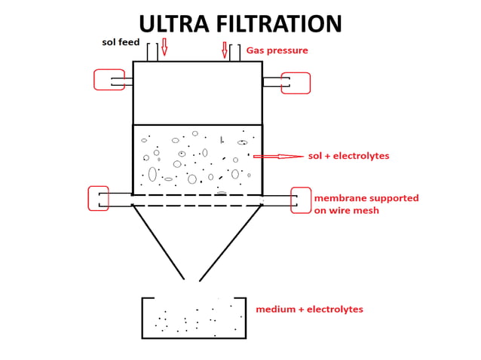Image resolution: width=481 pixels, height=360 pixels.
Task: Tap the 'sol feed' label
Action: [121, 42]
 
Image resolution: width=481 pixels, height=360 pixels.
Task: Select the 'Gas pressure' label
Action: [277, 51]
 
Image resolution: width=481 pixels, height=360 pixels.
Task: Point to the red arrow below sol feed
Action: [164, 47]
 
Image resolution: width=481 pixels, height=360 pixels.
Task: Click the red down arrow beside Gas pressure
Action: [224, 50]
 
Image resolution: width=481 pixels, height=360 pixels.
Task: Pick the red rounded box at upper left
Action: [108, 80]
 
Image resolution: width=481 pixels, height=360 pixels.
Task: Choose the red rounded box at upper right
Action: [296, 83]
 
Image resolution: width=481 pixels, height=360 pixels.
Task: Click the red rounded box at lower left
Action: [98, 198]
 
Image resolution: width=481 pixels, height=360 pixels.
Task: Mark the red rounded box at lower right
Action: [301, 200]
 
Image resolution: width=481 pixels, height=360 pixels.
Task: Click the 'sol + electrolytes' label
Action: [348, 156]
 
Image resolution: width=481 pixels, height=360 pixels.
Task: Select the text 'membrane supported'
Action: [366, 198]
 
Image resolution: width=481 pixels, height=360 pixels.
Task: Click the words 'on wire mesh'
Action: [346, 210]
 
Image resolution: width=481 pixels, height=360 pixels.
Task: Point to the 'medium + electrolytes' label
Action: [309, 310]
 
